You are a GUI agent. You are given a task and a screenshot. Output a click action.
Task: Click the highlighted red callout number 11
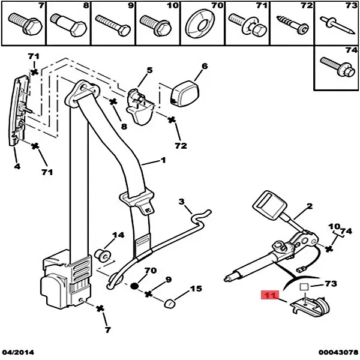pos(269,296)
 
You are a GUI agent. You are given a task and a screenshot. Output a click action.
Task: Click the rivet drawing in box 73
pos(335,24)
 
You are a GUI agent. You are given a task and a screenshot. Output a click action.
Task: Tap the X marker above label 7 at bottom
pos(101,309)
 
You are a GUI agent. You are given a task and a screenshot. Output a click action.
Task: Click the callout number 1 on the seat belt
pos(161,161)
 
